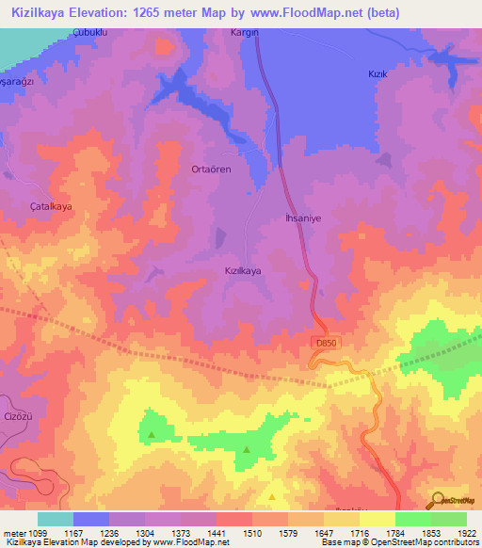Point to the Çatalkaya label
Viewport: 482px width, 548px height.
pos(52,205)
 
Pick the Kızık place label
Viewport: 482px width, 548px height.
pos(377,73)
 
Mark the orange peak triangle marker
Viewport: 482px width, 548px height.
pos(273,496)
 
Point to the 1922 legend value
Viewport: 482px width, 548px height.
pos(467,534)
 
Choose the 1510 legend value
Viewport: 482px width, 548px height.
pos(251,534)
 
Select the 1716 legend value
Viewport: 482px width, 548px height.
pos(359,534)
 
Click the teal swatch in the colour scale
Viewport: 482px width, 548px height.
pos(55,519)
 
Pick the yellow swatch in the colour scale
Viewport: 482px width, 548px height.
pos(377,519)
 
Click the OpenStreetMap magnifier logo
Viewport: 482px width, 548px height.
pos(437,499)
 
